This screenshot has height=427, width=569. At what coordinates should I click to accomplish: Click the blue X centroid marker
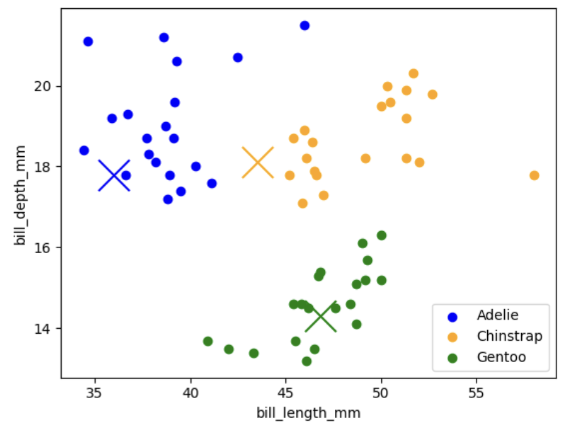click(114, 175)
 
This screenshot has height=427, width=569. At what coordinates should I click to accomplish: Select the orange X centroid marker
click(258, 162)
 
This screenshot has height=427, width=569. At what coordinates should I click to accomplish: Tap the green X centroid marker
click(321, 316)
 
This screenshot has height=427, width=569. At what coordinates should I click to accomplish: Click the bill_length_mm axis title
click(308, 413)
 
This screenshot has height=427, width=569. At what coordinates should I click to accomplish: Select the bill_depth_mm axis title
click(20, 195)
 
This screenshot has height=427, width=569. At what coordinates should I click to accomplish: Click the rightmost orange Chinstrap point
click(534, 175)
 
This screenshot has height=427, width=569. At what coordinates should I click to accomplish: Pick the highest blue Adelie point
click(305, 25)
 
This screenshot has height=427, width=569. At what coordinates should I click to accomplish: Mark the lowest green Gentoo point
click(307, 362)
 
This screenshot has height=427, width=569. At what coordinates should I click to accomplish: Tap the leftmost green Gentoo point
click(208, 341)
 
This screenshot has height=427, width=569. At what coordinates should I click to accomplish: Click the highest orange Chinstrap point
click(414, 74)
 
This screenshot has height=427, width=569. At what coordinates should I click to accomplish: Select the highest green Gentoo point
click(381, 236)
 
